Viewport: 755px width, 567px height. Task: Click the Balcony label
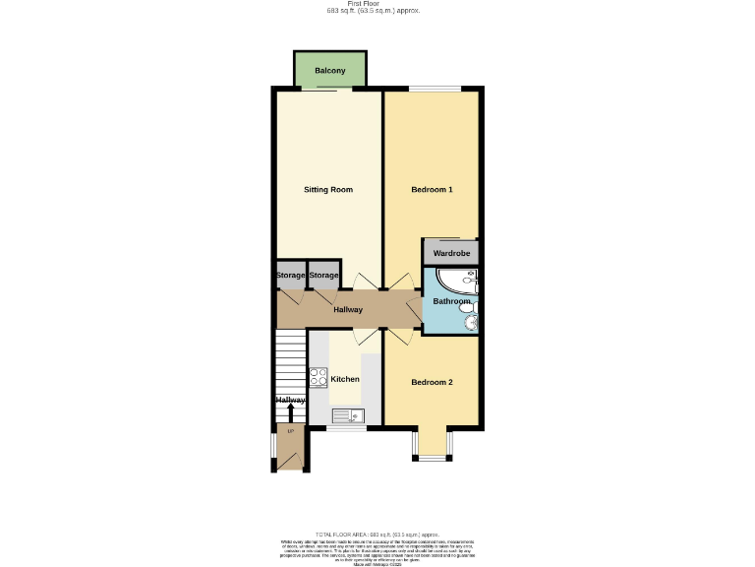point(330,72)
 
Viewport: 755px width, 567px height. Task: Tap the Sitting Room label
point(328,189)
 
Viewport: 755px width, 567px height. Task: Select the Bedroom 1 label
point(432,189)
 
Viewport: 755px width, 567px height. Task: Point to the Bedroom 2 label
point(432,382)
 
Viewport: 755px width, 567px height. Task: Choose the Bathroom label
point(452,301)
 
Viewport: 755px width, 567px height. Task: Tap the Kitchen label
point(345,379)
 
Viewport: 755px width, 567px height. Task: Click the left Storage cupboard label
point(290,276)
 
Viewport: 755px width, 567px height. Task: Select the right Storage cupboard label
point(324,276)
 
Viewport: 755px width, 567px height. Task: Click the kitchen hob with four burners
point(318,377)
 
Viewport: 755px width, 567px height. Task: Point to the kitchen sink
point(347,415)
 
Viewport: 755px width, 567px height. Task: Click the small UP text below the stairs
point(290,431)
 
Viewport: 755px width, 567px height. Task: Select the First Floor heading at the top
point(375,4)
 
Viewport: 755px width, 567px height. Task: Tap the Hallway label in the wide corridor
point(348,310)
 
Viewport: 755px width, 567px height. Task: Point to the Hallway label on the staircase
point(290,400)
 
